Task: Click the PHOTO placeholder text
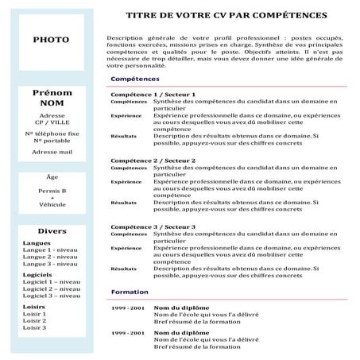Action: click(x=50, y=40)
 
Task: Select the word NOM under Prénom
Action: click(x=51, y=103)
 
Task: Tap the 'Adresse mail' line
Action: click(x=51, y=151)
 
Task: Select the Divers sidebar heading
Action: click(x=51, y=230)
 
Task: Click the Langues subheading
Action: click(x=37, y=242)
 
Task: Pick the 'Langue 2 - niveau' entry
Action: click(x=50, y=257)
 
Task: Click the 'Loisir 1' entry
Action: click(x=34, y=313)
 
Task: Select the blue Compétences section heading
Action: click(x=135, y=79)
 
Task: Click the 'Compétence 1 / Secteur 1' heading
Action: click(x=153, y=95)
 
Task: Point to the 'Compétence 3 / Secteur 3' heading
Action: click(x=153, y=226)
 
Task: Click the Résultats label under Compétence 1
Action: click(x=124, y=136)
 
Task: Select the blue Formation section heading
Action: click(x=130, y=292)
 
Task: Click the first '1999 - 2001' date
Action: click(x=127, y=308)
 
